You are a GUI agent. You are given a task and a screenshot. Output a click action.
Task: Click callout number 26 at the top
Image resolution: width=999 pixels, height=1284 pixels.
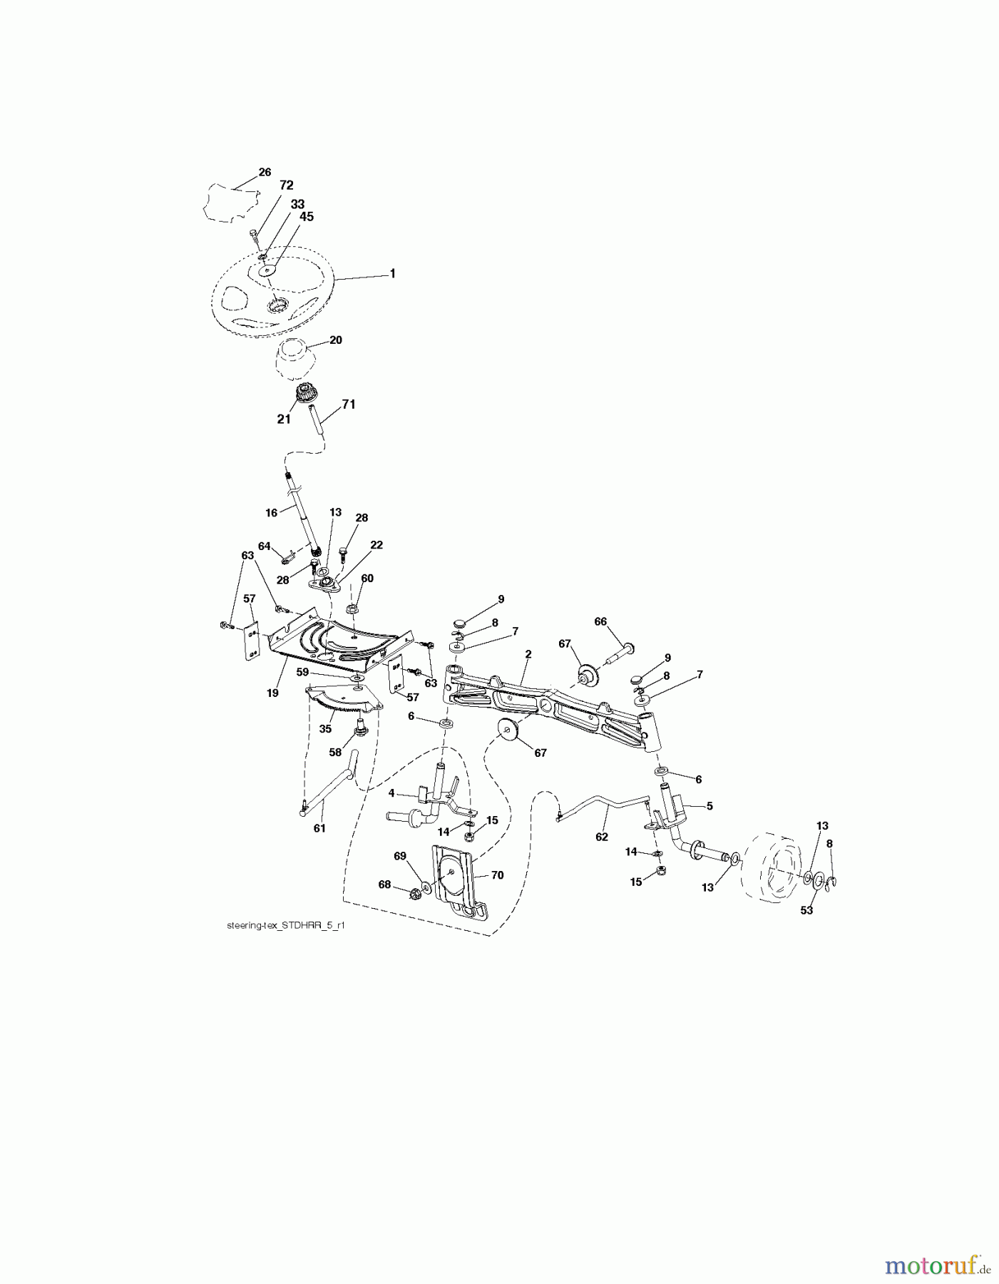265,172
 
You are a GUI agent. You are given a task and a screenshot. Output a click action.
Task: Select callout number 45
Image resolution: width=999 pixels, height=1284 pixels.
306,216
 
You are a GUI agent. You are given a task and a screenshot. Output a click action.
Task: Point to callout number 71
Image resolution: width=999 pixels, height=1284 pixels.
348,404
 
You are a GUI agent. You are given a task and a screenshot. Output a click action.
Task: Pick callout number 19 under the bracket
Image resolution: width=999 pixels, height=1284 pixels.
272,693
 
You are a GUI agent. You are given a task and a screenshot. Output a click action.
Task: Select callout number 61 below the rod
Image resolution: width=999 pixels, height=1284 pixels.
319,828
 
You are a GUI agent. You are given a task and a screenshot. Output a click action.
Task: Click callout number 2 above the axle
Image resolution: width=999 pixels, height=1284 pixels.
528,653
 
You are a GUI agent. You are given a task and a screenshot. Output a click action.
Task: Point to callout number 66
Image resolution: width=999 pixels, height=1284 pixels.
600,621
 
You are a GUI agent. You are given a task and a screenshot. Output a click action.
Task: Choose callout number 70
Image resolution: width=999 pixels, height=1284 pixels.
497,875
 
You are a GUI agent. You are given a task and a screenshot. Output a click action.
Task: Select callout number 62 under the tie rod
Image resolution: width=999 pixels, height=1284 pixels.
602,836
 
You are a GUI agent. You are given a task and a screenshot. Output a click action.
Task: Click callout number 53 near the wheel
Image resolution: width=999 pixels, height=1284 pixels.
806,910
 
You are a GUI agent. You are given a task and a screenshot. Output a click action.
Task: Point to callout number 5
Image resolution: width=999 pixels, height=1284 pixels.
709,806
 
